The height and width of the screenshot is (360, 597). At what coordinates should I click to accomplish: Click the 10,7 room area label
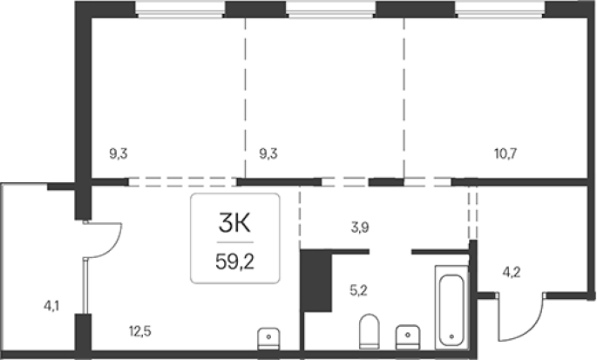(505, 154)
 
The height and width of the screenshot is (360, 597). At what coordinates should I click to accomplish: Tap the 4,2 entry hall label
(512, 272)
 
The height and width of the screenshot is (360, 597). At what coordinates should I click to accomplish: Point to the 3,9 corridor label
(360, 228)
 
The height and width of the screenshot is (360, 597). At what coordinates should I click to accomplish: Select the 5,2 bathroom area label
(358, 290)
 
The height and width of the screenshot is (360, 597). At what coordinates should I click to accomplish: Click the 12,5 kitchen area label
(140, 331)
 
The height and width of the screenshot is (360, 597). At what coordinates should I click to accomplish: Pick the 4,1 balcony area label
(51, 306)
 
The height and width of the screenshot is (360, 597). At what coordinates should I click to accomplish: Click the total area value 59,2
(235, 262)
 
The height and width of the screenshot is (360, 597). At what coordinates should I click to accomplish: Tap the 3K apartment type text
(235, 223)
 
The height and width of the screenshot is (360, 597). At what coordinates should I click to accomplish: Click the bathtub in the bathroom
(451, 308)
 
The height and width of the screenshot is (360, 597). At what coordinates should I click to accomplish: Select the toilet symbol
(370, 331)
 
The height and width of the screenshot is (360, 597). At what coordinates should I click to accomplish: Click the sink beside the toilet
(408, 336)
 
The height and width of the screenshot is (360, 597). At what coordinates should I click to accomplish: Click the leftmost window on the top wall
(180, 10)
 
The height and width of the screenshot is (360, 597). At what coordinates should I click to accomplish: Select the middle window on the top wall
(330, 10)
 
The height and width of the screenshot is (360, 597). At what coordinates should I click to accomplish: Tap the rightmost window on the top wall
(500, 10)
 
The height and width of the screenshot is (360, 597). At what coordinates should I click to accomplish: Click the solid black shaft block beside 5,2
(315, 281)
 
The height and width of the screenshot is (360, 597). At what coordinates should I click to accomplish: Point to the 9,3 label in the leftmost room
(119, 154)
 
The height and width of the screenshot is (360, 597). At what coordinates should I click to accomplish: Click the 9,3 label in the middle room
(268, 154)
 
